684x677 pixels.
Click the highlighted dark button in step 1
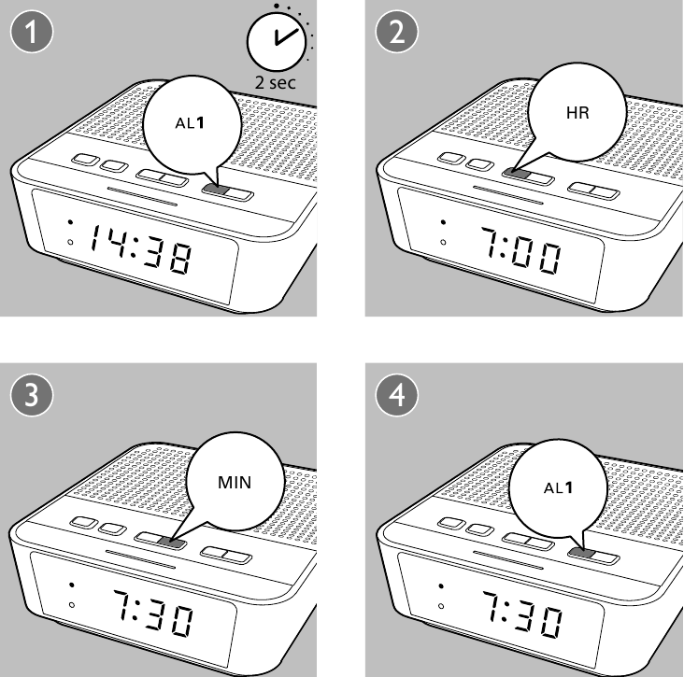coord(215,190)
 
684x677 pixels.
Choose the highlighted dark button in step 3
coord(170,540)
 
